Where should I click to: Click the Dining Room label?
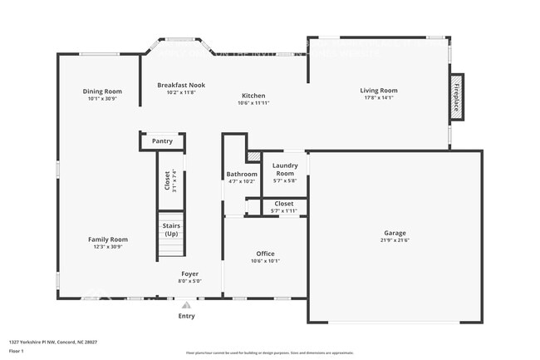point(102,91)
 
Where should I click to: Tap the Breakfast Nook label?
point(181,85)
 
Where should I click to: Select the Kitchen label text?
point(253,95)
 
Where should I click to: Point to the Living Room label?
point(378,91)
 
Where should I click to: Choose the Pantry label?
point(162,141)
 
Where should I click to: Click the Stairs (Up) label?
point(171,229)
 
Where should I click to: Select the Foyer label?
point(190,274)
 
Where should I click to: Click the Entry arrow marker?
point(186,305)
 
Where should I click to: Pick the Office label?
point(265,254)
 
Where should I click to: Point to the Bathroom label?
point(242,174)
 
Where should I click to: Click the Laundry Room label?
point(285,169)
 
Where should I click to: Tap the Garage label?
point(395,233)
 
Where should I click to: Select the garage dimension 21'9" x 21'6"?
point(395,240)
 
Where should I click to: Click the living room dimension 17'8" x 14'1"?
point(378,98)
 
